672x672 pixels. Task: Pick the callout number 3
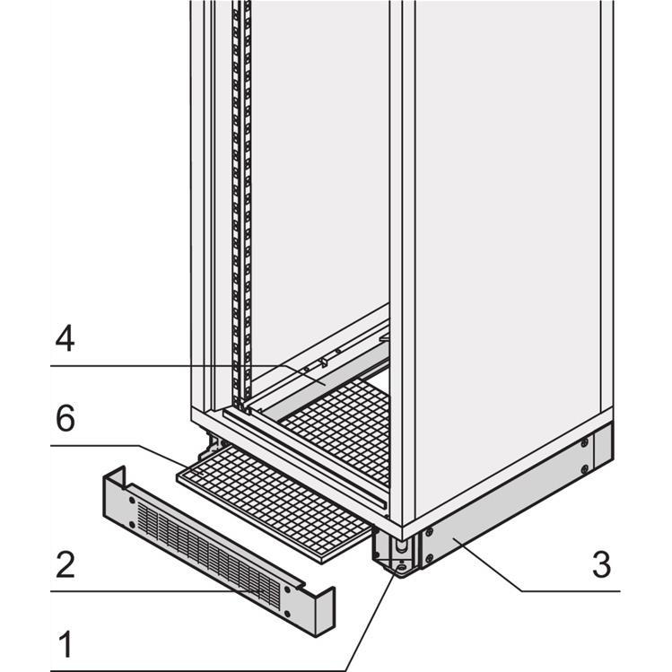(x=601, y=564)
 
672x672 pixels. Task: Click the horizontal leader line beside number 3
(x=574, y=591)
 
